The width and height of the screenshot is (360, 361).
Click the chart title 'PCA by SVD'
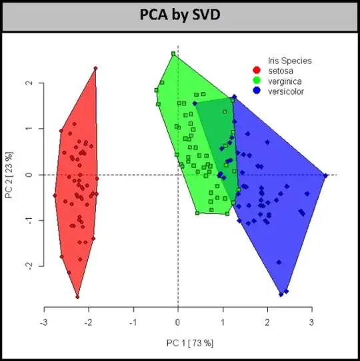click(179, 14)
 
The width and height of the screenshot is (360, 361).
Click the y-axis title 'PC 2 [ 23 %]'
click(9, 175)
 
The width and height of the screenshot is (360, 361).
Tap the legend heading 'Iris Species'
click(290, 61)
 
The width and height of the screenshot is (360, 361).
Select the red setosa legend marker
click(256, 70)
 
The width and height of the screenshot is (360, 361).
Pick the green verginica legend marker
click(256, 80)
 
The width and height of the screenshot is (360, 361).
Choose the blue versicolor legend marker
click(256, 90)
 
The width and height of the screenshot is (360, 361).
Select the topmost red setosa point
click(95, 68)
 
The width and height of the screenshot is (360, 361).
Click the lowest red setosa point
click(77, 297)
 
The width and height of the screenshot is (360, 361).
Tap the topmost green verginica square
click(173, 54)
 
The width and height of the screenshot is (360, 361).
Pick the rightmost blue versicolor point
click(325, 175)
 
